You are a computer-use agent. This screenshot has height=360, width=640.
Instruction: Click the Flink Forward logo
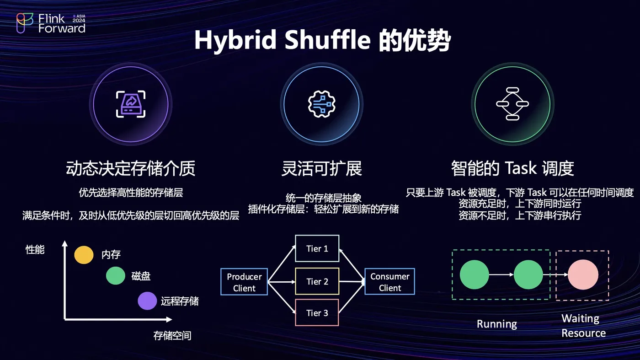pyautogui.click(x=50, y=23)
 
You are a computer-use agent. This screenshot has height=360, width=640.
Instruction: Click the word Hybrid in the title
pyautogui.click(x=235, y=40)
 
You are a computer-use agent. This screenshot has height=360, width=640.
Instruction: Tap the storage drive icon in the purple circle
pyautogui.click(x=130, y=104)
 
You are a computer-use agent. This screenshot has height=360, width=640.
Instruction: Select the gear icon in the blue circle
pyautogui.click(x=321, y=104)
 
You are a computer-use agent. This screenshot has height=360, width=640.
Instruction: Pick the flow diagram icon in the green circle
pyautogui.click(x=512, y=104)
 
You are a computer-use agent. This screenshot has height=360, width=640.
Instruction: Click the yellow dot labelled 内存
pyautogui.click(x=84, y=255)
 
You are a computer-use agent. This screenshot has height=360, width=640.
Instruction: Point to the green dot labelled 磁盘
pyautogui.click(x=115, y=276)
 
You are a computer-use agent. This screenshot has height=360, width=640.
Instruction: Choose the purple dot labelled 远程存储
pyautogui.click(x=147, y=301)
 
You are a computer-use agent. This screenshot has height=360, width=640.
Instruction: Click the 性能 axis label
pyautogui.click(x=35, y=250)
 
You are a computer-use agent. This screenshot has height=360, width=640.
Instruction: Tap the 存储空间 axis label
pyautogui.click(x=172, y=336)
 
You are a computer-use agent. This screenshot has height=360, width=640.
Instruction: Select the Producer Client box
pyautogui.click(x=244, y=282)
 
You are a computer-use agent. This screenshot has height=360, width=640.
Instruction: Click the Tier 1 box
pyautogui.click(x=317, y=249)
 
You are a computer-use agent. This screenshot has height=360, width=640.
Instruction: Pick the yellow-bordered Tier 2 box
pyautogui.click(x=317, y=281)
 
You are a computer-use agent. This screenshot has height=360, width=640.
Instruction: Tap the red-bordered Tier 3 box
pyautogui.click(x=317, y=313)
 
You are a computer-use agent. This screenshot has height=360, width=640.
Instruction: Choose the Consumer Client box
pyautogui.click(x=389, y=282)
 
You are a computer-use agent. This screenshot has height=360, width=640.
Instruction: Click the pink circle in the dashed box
pyautogui.click(x=583, y=275)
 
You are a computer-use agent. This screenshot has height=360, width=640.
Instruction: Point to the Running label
pyautogui.click(x=497, y=324)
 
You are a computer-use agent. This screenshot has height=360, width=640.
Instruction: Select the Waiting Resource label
pyautogui.click(x=583, y=326)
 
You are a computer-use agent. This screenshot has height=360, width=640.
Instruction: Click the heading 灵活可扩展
pyautogui.click(x=321, y=169)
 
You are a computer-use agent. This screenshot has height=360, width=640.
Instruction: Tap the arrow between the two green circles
pyautogui.click(x=501, y=275)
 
